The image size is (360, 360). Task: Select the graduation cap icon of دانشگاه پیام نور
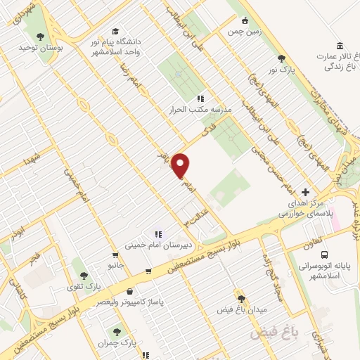[x=115, y=32]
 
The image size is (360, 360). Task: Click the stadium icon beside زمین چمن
[x=245, y=21]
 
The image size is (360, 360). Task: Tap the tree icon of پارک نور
[x=281, y=58]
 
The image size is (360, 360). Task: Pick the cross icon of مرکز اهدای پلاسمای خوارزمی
[x=304, y=192]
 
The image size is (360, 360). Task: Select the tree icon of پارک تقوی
[x=84, y=275]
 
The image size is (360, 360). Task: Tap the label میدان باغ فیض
[x=241, y=310]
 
